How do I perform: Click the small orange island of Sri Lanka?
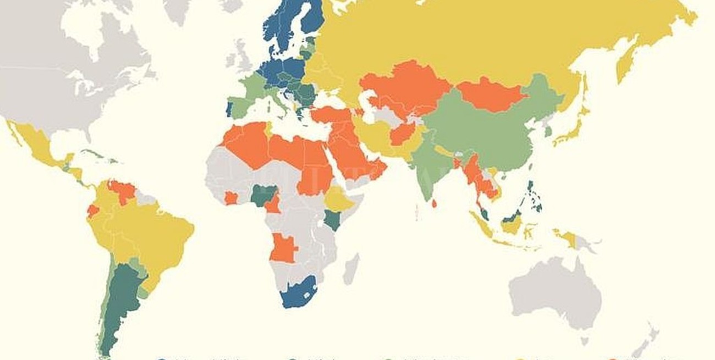[x=435, y=204]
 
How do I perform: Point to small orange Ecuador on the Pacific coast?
[x=93, y=211]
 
